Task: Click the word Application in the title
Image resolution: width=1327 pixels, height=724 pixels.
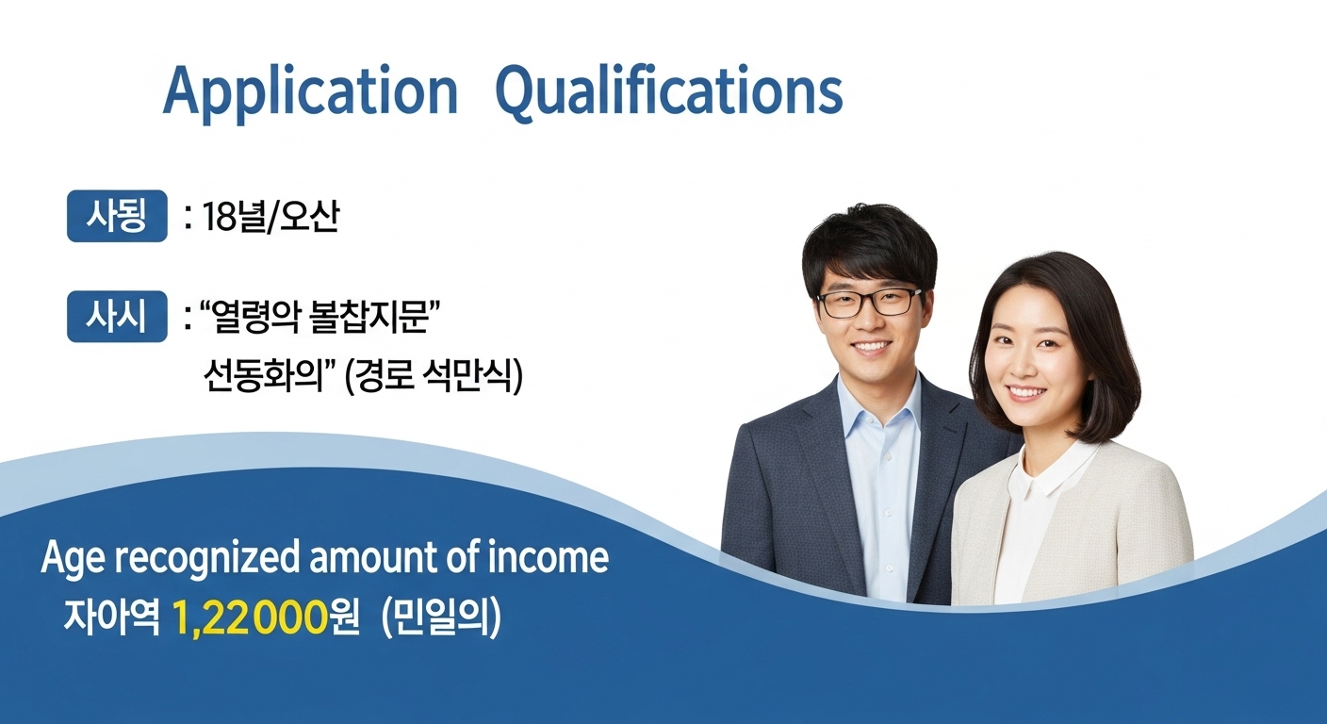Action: pos(310,93)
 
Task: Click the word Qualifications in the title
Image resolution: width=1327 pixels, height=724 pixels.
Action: pos(668,93)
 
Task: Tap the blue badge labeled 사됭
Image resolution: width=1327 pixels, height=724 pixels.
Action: pos(117,217)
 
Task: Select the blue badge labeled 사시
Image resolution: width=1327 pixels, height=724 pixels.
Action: pos(117,317)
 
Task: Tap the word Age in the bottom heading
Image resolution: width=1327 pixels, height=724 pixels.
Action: pos(69,558)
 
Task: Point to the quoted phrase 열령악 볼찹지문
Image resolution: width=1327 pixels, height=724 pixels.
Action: pos(317,318)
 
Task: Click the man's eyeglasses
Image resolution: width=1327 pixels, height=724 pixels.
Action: pos(869,302)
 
